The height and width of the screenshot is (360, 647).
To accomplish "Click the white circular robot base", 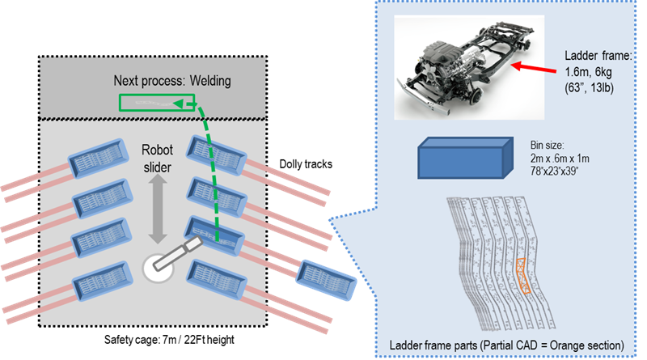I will tap(157, 268).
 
